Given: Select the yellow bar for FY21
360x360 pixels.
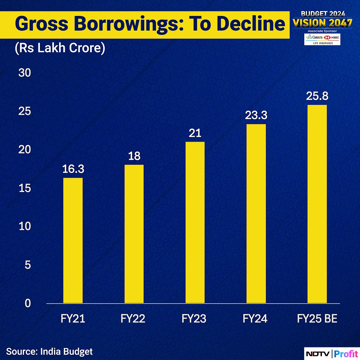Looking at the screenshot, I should point(73,240).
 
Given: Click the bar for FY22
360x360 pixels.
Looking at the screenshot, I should point(134,234).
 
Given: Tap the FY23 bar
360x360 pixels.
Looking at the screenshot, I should point(195,222).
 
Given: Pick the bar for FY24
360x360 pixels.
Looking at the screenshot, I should point(256,214).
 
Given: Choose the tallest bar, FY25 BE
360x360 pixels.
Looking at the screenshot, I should point(317,204).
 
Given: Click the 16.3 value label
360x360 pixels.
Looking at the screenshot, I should point(73,169).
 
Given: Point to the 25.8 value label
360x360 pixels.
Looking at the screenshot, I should point(317,96).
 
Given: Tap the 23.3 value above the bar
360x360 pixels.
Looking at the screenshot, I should point(256,115).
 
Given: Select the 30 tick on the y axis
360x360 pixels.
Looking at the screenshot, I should point(25,73).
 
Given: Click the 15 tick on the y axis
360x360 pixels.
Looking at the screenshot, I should point(25,188).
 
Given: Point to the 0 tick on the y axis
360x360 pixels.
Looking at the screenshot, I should point(28,303).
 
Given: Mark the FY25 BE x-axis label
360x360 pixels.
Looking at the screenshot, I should point(317,319).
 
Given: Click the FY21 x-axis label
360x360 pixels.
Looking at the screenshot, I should point(73,319).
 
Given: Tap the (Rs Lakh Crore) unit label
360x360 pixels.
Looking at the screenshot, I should point(60,48).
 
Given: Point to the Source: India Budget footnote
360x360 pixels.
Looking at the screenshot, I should point(49,351).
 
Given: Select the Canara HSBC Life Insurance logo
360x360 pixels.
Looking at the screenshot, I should point(323,39).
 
